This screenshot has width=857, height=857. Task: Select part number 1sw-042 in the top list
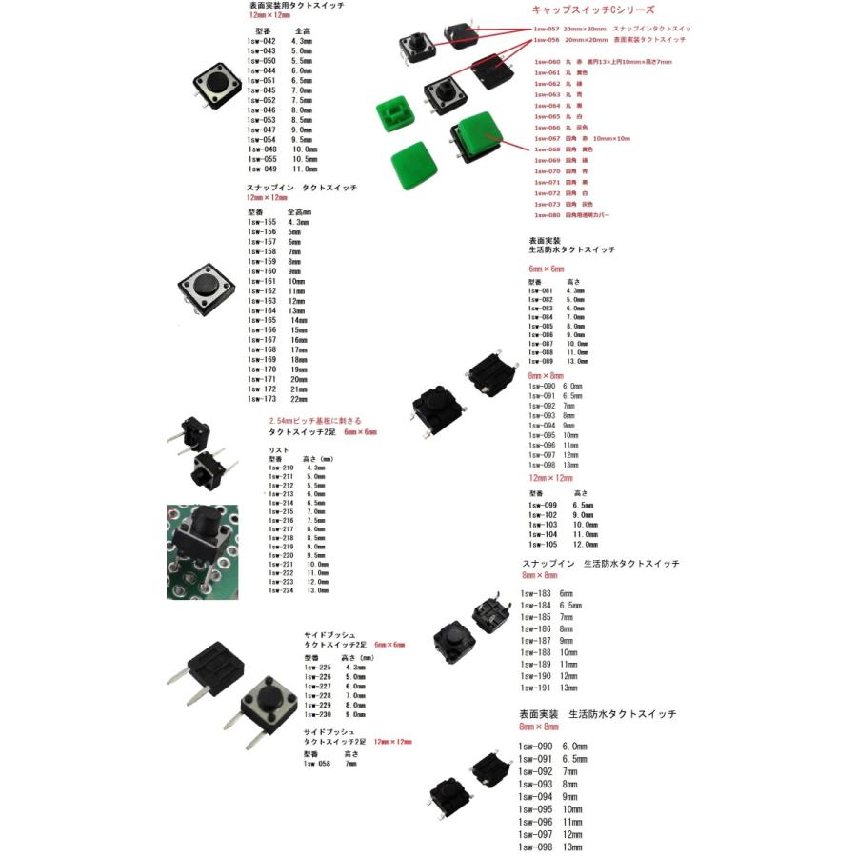(262, 41)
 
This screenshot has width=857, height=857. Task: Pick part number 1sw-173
(262, 399)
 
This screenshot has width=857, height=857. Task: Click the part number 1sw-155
(262, 222)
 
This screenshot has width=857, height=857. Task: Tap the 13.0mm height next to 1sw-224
(317, 590)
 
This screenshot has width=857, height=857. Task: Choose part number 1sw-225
(317, 668)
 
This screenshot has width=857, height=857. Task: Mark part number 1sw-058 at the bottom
(317, 763)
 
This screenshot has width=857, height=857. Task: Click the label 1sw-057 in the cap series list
(547, 30)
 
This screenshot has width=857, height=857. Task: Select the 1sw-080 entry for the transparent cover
(547, 215)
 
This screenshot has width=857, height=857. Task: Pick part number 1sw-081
(541, 290)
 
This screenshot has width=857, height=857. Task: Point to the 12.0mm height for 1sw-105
(585, 544)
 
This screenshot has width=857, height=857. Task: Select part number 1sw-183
(535, 593)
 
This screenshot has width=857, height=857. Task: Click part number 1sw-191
(535, 688)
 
